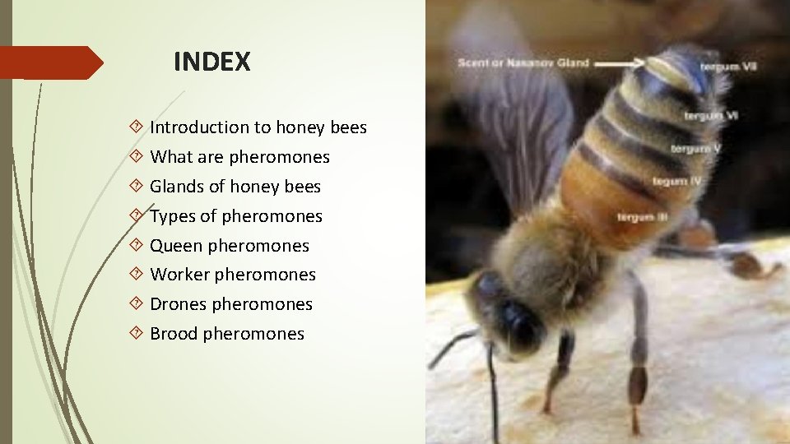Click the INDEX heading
tap(211, 62)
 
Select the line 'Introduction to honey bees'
tap(258, 127)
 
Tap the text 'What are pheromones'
tap(239, 157)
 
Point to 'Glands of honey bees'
tap(235, 187)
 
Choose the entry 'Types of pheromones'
tap(235, 216)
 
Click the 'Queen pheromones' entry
tap(229, 246)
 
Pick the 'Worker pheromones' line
tap(232, 275)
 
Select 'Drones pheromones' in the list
tap(230, 304)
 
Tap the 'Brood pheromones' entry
tap(226, 334)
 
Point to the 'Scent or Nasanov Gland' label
tap(523, 63)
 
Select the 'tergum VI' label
tap(715, 116)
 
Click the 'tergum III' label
tap(642, 217)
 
